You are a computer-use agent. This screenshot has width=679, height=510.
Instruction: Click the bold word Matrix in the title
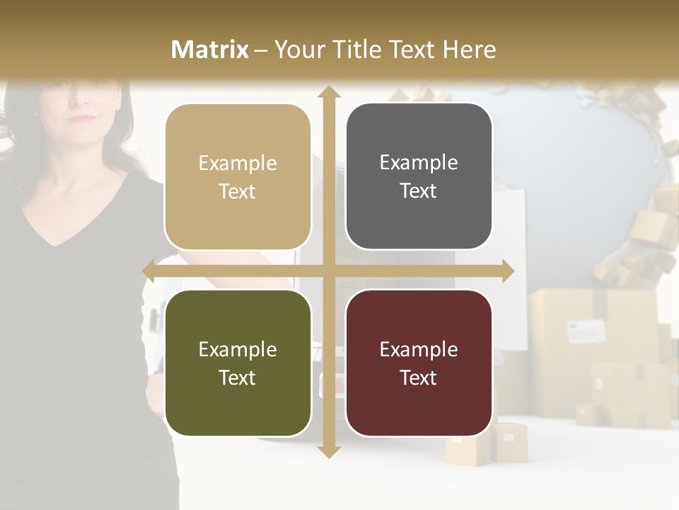point(210,50)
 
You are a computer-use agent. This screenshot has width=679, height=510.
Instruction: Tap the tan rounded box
point(238,177)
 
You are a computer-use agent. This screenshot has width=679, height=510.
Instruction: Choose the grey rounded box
point(419,176)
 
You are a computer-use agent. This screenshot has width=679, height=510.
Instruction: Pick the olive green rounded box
point(238,363)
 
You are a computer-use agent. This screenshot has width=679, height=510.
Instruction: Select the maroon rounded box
point(419,363)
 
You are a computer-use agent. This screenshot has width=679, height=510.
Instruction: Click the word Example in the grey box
point(419,162)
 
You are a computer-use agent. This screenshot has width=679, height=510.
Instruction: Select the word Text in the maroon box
point(419,378)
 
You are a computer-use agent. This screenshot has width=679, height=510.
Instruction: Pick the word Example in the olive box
point(238,349)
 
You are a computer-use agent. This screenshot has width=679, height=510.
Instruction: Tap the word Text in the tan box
point(238,191)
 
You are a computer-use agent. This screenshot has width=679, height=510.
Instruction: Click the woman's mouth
point(83,118)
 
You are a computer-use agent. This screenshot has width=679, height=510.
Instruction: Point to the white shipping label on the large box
point(587,329)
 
